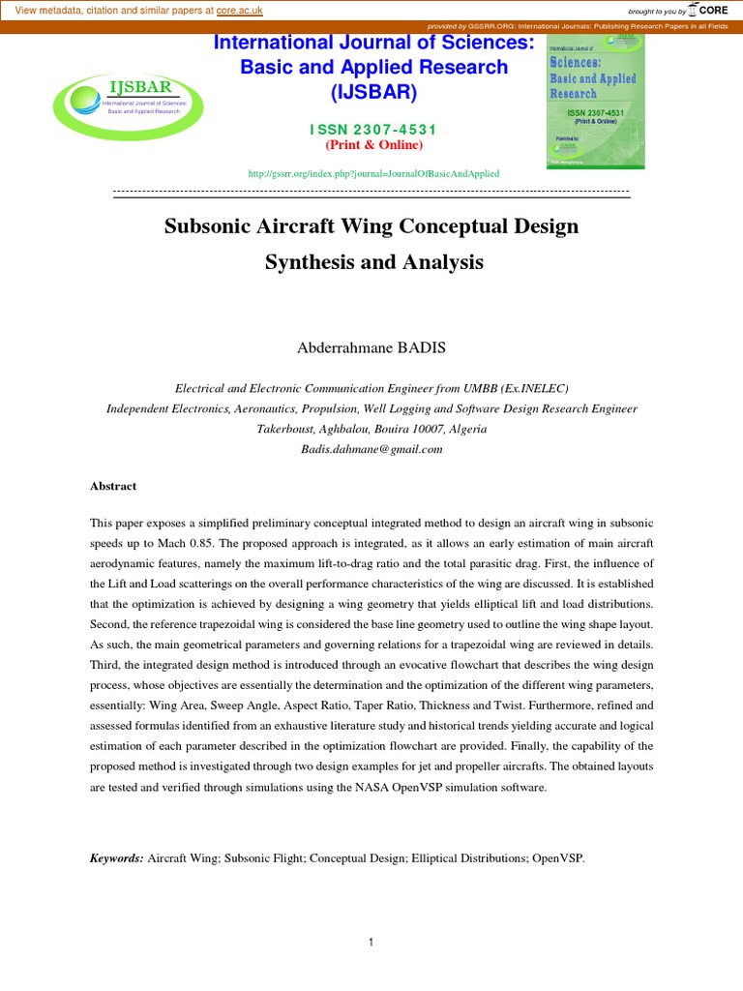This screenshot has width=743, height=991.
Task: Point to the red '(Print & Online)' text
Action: (x=373, y=145)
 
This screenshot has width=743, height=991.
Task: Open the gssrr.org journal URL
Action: (x=373, y=173)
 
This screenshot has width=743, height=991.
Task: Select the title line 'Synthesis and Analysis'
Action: (x=373, y=262)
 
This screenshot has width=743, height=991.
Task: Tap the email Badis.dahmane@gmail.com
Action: (x=372, y=449)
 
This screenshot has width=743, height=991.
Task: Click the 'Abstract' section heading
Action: (x=113, y=486)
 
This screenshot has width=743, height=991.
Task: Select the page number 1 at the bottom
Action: (x=371, y=944)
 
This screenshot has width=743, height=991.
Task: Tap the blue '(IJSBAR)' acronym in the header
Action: (x=373, y=94)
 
